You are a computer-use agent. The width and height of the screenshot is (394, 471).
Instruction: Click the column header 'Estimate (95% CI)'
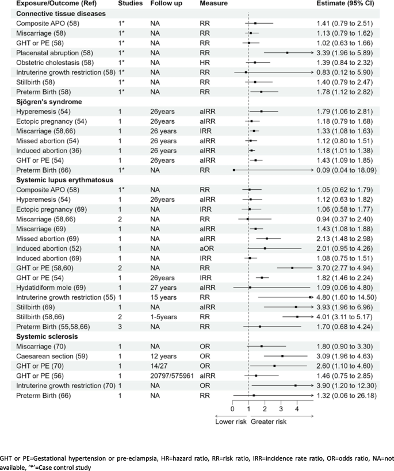(x=345, y=4)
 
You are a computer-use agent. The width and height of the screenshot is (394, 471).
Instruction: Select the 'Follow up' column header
(x=165, y=4)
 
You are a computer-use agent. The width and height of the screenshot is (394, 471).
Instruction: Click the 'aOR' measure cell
(x=206, y=232)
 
